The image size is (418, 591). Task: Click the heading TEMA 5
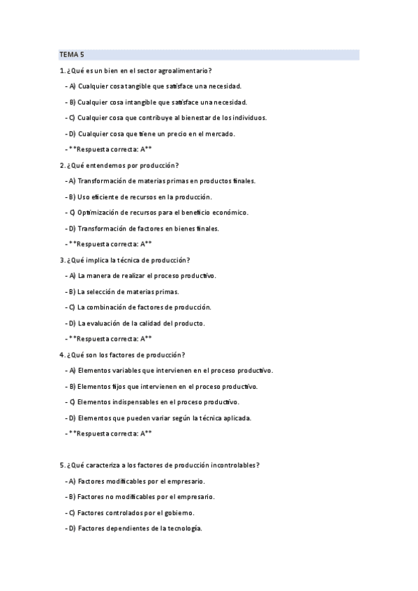coord(71,54)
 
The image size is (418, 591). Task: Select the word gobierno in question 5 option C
coord(178,512)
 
